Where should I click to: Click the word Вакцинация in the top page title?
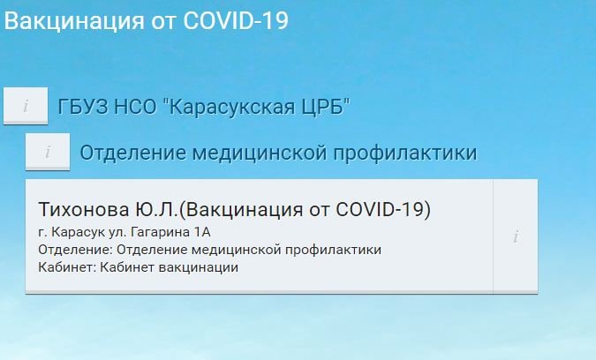coord(74,21)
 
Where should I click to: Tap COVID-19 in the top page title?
coord(236,20)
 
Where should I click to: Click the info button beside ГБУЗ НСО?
coord(26,106)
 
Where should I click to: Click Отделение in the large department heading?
coord(133,153)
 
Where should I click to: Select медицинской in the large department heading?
coord(260,153)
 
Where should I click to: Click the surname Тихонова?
coord(84,210)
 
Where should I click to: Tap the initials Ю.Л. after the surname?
coord(156,210)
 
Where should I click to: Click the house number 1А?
coord(202,232)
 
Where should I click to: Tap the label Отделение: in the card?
coord(76,250)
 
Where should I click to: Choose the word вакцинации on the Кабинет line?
coord(199,267)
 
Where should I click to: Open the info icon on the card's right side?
coord(516,236)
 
